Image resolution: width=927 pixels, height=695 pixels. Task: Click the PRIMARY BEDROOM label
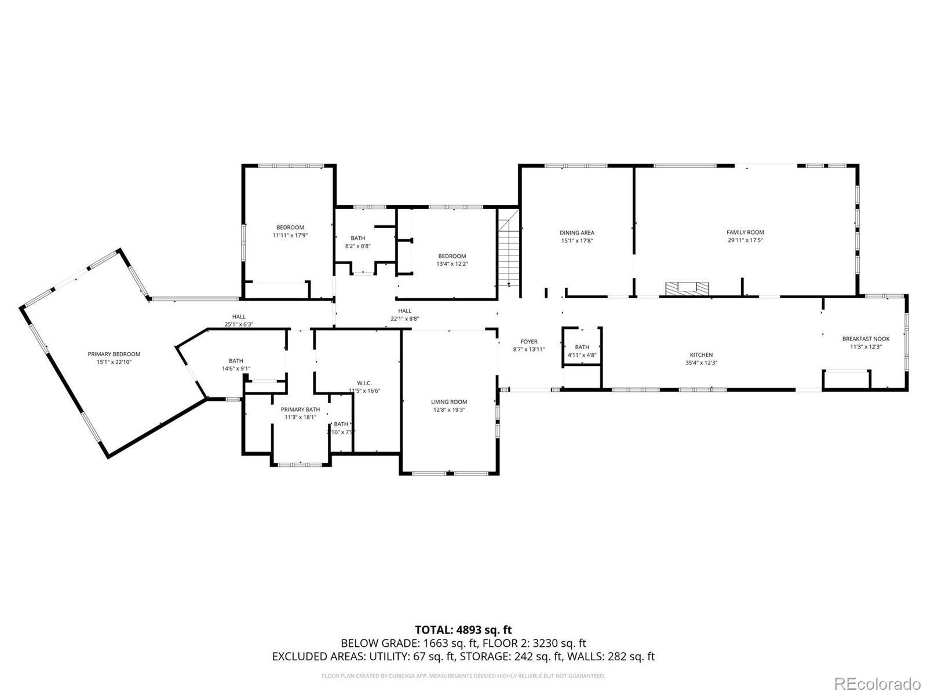point(114,354)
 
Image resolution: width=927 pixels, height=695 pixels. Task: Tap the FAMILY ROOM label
point(745,232)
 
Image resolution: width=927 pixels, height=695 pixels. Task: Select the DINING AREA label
point(576,233)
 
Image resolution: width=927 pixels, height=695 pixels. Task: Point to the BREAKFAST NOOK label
point(866,339)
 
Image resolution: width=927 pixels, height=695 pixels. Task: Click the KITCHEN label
point(701,355)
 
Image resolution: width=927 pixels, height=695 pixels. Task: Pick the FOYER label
point(529,342)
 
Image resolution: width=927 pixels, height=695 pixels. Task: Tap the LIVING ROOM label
point(449,402)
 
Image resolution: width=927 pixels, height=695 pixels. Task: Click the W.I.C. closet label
point(364,383)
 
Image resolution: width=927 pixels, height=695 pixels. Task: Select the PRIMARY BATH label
point(300,409)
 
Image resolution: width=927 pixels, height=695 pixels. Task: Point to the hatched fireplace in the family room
point(687,288)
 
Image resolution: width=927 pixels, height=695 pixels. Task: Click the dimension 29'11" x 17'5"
point(745,240)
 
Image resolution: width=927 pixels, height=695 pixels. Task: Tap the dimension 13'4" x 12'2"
point(452,264)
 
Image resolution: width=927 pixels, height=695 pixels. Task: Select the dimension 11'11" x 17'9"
point(290,235)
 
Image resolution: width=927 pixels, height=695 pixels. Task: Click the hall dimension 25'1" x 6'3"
point(239,324)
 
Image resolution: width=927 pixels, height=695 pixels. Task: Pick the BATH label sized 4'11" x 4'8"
point(582,348)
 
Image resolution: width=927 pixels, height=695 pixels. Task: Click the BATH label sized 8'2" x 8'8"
point(357,238)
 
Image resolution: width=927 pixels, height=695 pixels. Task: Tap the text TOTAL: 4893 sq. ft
point(463,630)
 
